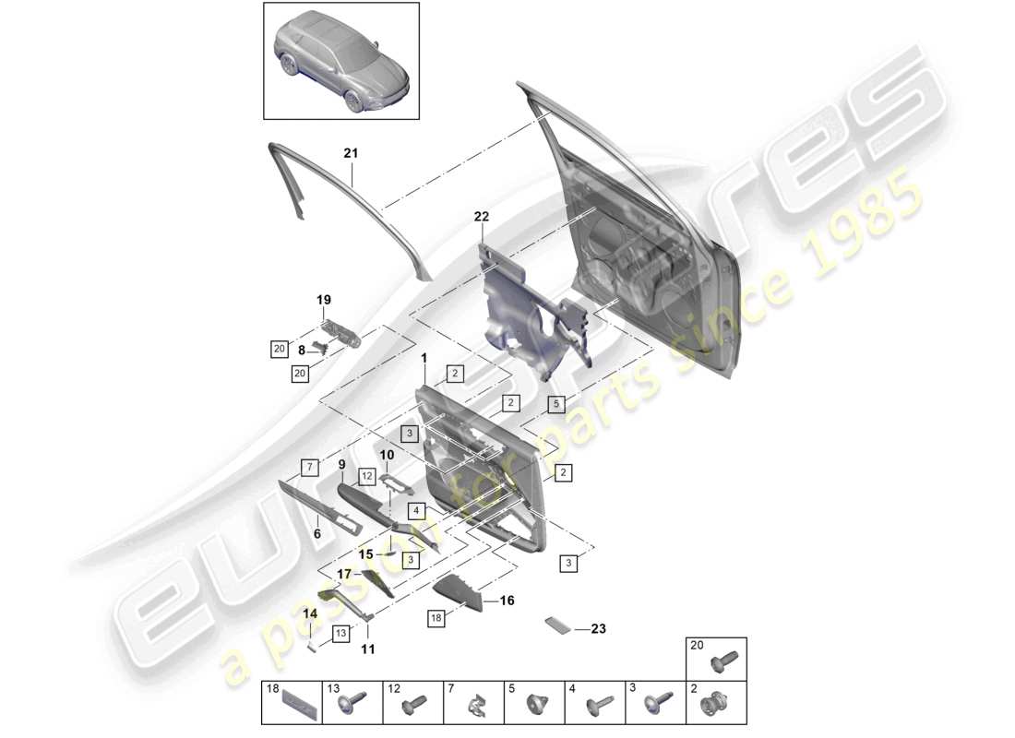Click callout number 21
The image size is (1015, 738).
click(350, 153)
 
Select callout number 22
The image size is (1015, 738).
click(481, 217)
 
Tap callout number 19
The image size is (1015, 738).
click(324, 300)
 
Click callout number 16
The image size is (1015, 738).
click(507, 601)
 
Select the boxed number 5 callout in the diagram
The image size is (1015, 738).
click(555, 403)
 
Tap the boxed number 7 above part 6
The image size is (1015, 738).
click(311, 466)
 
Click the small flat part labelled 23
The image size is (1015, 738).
click(557, 626)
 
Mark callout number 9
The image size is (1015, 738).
click(340, 464)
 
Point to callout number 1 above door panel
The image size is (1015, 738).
click(424, 357)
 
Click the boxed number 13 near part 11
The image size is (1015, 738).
click(340, 633)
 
